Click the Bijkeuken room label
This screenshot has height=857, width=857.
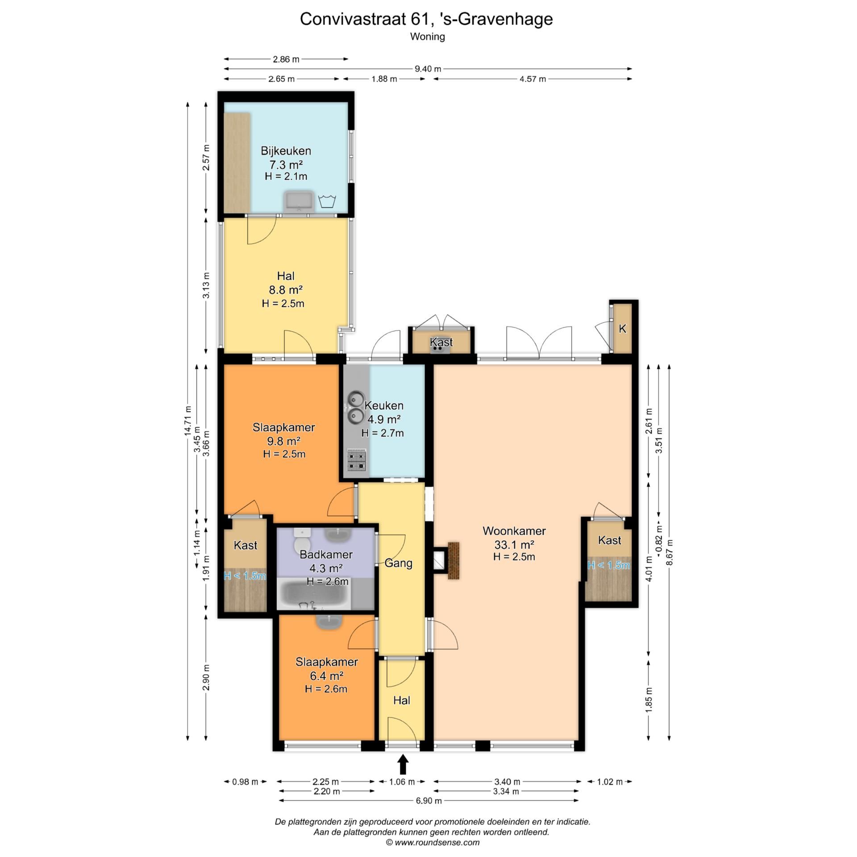coord(286,151)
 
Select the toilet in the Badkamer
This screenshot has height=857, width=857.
coord(302,541)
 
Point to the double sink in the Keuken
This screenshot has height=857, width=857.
coord(356,407)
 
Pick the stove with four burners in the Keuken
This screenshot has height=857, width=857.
coord(357,461)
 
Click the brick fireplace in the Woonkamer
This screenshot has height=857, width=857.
coord(453,561)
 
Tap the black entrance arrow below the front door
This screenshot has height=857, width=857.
coord(403,764)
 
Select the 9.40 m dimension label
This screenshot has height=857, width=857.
coord(428,69)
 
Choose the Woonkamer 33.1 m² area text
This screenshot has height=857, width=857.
coord(514,545)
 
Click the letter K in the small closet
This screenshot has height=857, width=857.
coord(622,329)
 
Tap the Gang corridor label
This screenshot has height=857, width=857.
coord(398,563)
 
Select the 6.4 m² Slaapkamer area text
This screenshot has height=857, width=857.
coord(327,676)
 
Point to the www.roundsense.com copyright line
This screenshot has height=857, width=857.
coord(433,843)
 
